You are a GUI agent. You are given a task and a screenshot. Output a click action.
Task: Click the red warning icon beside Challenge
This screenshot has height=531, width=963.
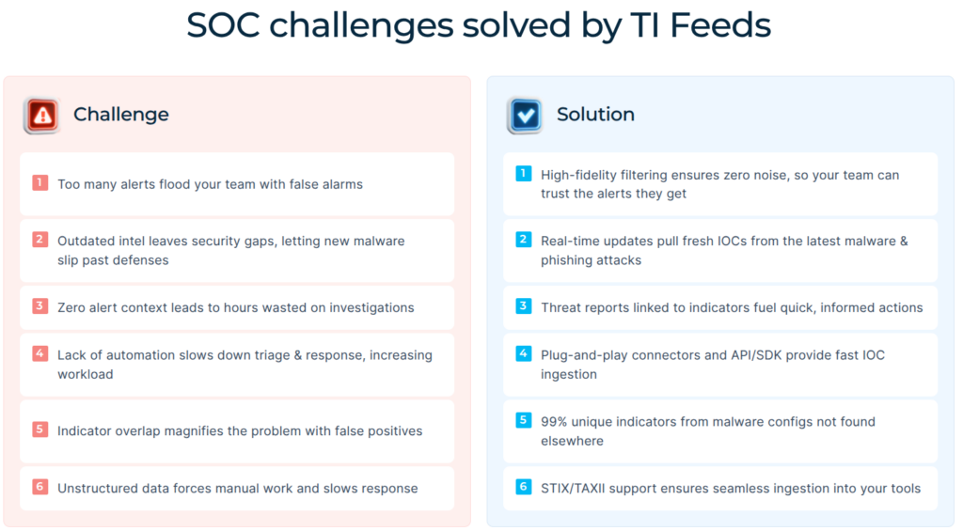coord(41,116)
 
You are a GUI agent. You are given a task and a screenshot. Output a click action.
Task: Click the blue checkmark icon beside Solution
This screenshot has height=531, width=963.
coord(525,116)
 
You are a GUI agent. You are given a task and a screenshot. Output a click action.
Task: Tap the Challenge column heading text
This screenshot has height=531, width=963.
coord(121,115)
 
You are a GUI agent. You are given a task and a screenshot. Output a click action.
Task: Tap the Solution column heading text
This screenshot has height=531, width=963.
coord(595,115)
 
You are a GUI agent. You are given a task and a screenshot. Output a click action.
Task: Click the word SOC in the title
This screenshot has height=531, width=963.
coord(223,25)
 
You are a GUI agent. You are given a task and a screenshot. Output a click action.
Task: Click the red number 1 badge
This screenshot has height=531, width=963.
coord(39,182)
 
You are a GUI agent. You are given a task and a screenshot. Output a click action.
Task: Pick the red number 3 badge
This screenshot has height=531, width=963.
coord(39,305)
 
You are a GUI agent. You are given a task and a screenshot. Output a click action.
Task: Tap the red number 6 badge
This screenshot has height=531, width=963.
coord(39,487)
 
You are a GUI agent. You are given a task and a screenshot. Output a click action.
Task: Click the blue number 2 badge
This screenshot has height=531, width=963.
coord(523,240)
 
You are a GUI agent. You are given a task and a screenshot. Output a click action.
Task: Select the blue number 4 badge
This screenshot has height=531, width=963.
coord(523,353)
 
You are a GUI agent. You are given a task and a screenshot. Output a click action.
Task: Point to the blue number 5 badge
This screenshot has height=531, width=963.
coord(523,420)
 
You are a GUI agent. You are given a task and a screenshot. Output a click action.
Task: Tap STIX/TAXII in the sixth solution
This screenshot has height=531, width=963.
coord(576,488)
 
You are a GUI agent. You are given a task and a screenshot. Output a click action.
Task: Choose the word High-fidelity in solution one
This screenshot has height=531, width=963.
coord(578,175)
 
